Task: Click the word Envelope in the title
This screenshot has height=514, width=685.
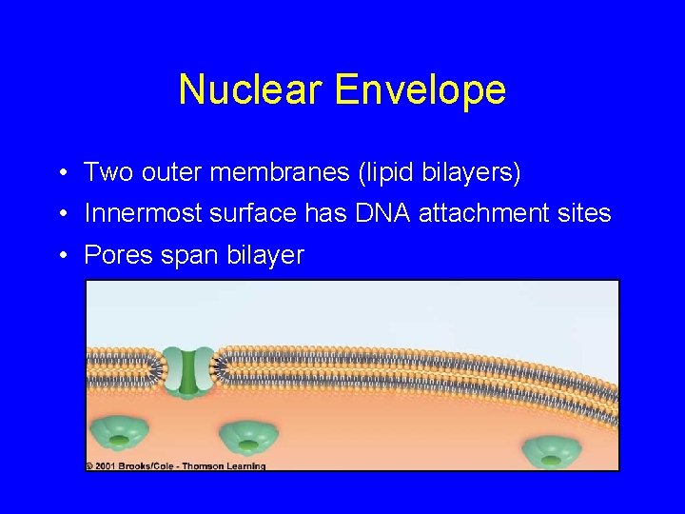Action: coord(421,90)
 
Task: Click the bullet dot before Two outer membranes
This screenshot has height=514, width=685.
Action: coord(60,173)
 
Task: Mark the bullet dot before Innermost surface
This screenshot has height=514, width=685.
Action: coord(60,214)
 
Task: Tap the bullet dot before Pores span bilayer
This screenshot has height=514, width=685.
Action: coord(60,256)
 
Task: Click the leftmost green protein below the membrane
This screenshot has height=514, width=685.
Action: coord(118,434)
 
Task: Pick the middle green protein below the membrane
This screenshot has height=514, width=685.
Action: coord(248,439)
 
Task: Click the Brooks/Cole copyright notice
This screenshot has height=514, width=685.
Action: coord(176,466)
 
